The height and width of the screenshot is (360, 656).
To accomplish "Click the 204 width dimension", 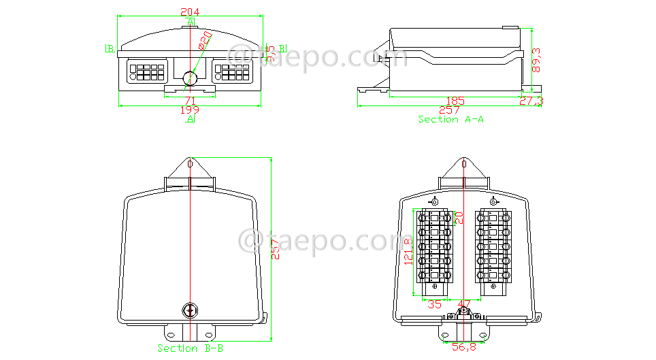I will [190, 12].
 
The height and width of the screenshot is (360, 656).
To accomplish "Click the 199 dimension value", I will [190, 110].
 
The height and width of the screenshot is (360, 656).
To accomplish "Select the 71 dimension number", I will [190, 101].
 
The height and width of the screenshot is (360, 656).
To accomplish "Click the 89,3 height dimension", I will [537, 60].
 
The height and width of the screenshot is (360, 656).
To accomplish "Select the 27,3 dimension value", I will [531, 101].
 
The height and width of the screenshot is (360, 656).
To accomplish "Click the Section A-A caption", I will [450, 119].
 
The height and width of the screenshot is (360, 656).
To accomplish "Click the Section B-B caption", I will [190, 348].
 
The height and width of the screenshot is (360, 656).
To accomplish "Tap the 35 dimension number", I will [434, 304].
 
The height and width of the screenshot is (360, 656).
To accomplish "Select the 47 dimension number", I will [465, 304].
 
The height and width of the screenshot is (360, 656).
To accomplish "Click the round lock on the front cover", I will [190, 311].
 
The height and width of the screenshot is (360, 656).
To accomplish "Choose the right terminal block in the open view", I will [494, 248].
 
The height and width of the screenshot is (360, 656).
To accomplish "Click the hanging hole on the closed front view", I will [191, 164].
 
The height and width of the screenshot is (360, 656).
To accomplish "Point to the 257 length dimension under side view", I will [449, 110].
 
